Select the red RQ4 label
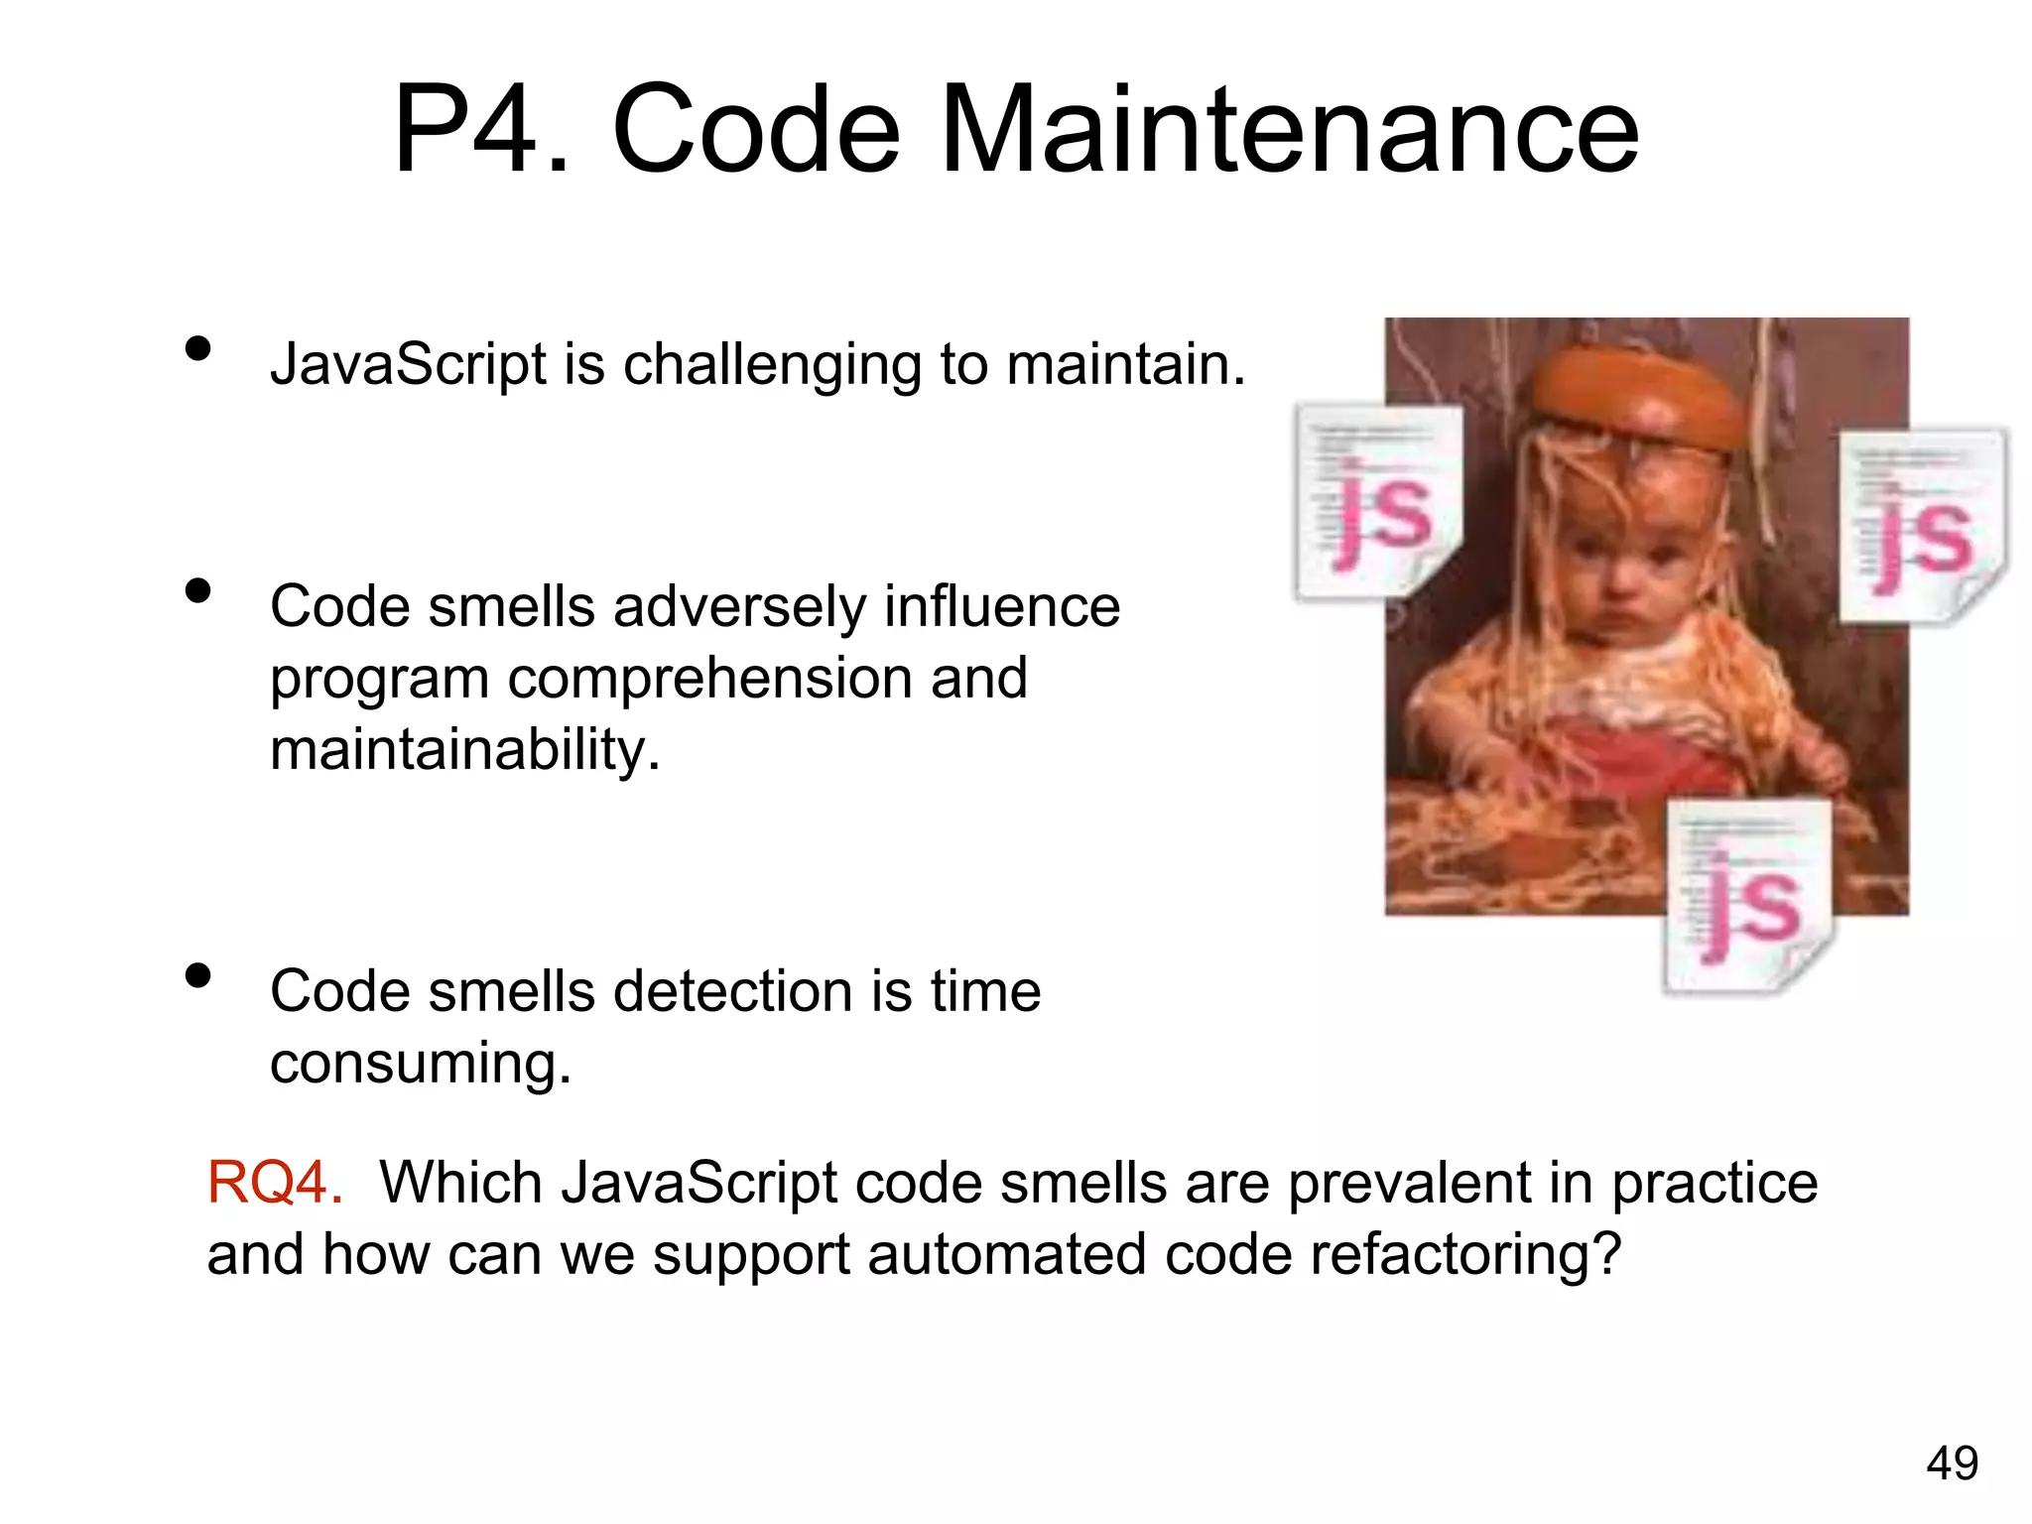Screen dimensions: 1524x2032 275,1183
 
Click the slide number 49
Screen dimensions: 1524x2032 1952,1462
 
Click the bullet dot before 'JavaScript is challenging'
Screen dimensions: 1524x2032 198,348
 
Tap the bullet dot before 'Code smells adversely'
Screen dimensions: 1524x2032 198,590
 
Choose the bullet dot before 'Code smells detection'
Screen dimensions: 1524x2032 198,975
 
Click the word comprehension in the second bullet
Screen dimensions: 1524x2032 710,680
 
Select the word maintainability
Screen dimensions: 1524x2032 464,749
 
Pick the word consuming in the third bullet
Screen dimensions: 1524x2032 421,1064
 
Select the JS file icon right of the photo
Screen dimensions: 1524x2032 1923,526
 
